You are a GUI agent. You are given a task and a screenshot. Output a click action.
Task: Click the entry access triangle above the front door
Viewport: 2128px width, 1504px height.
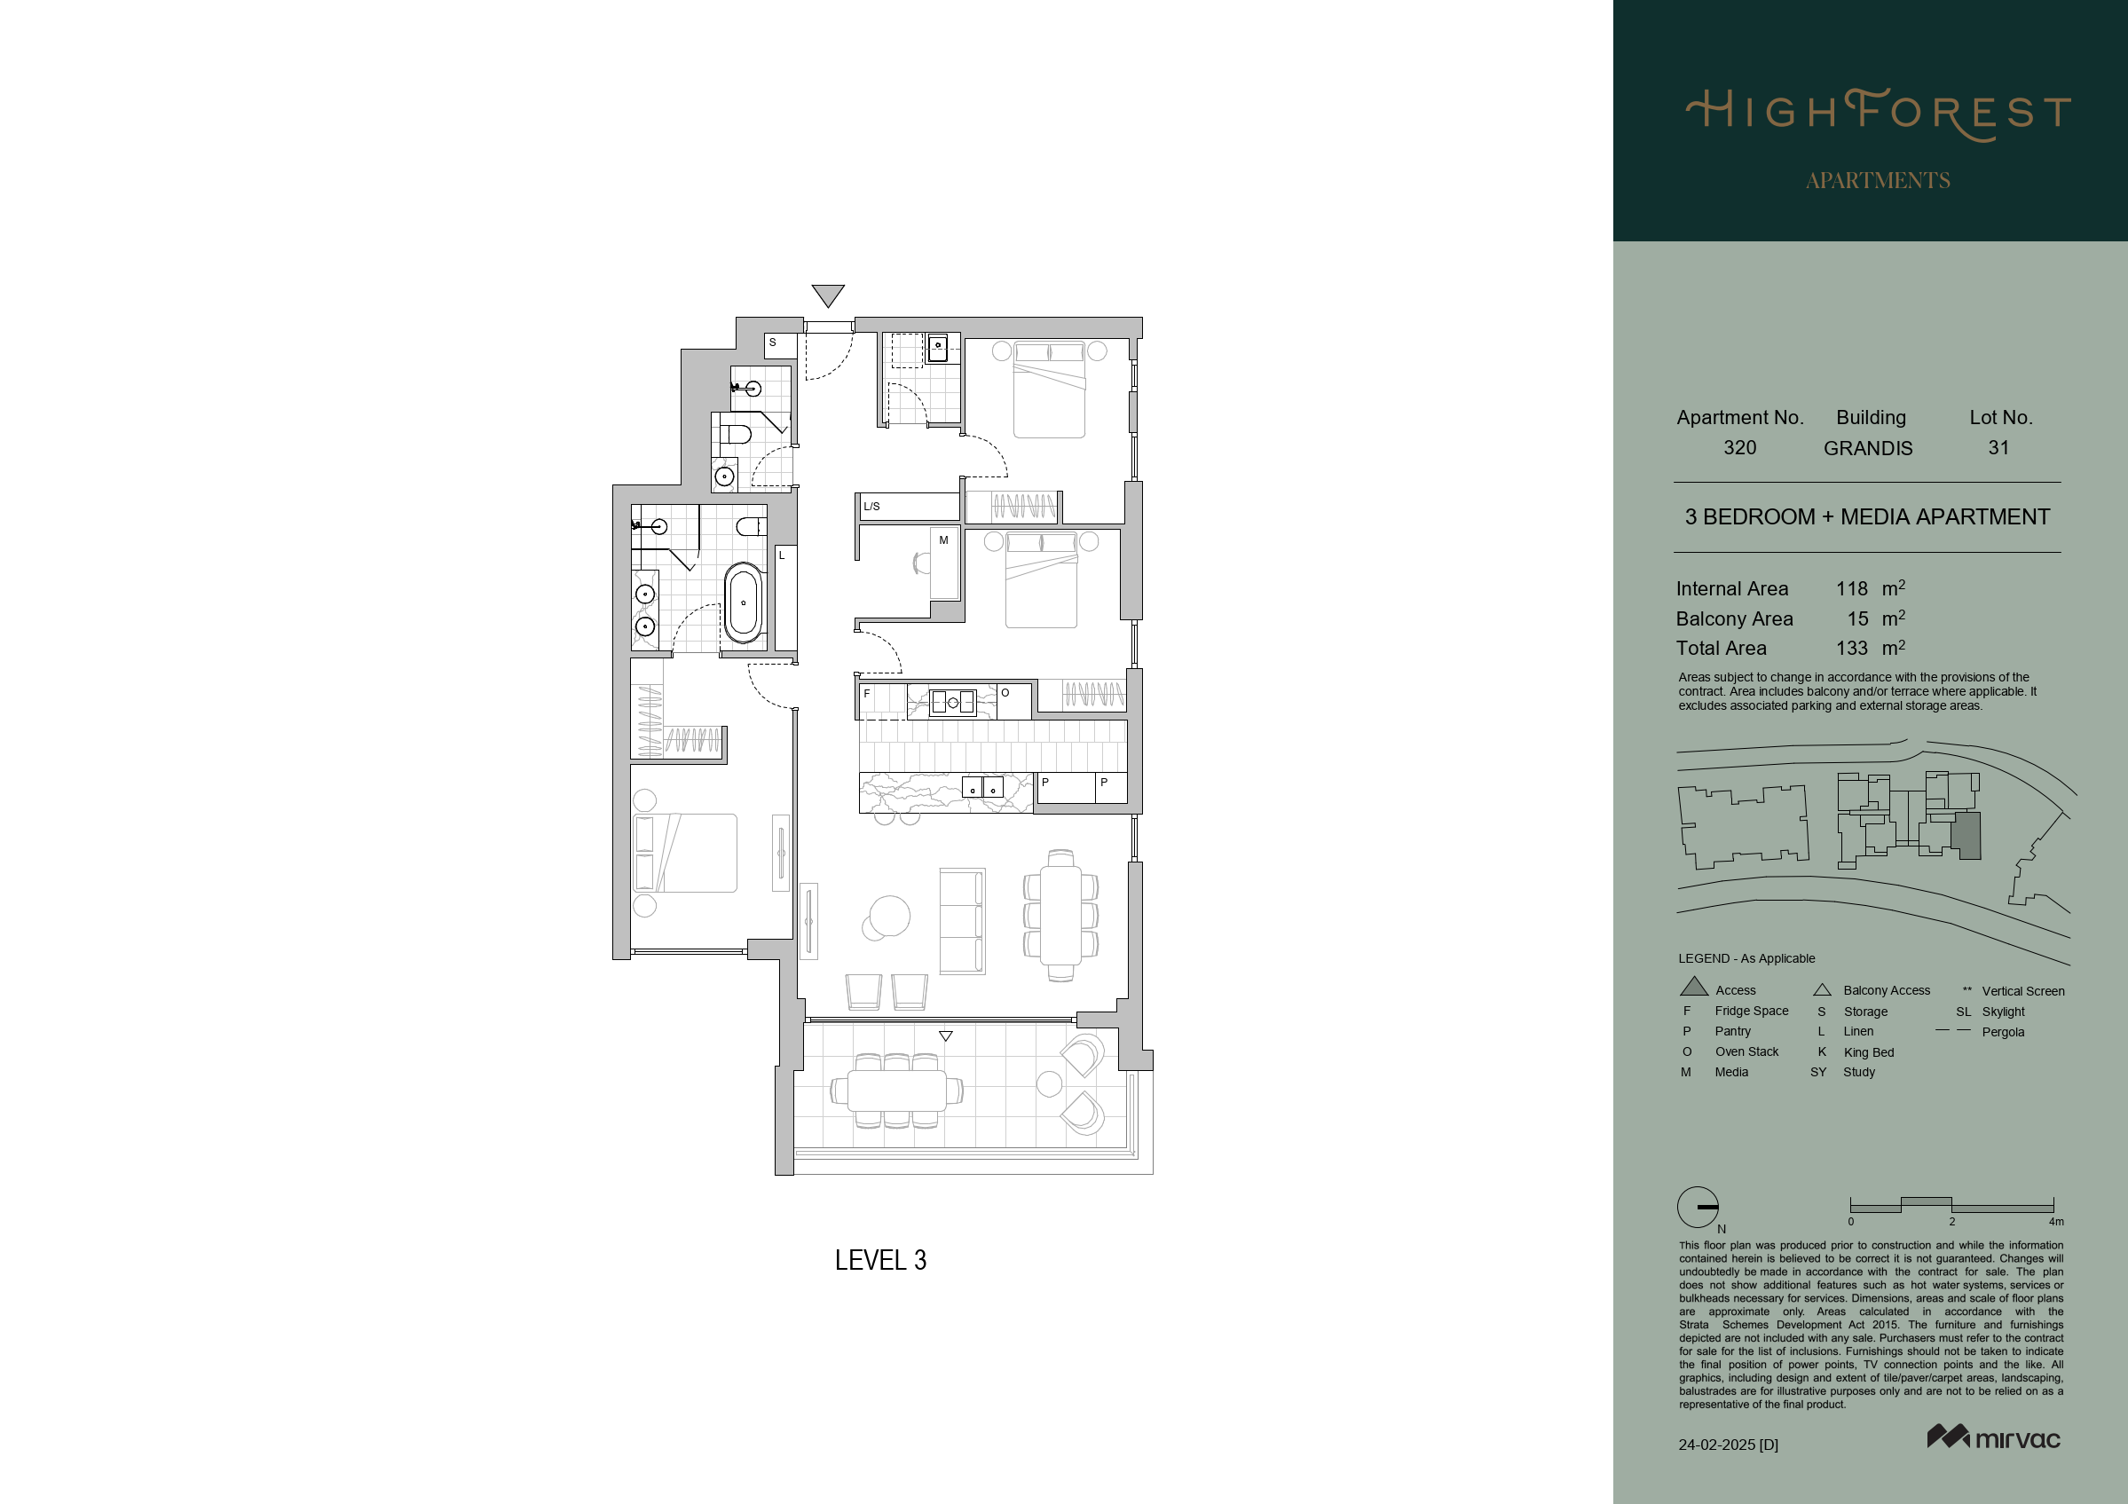pyautogui.click(x=828, y=294)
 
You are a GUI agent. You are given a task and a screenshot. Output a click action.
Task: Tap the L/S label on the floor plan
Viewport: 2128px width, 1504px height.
pyautogui.click(x=871, y=507)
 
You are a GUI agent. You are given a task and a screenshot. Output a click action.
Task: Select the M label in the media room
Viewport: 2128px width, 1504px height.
pyautogui.click(x=943, y=540)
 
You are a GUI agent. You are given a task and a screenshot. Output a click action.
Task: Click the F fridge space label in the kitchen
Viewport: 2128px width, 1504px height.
pyautogui.click(x=867, y=693)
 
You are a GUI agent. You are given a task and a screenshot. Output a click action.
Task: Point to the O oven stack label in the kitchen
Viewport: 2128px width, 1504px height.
pyautogui.click(x=1005, y=693)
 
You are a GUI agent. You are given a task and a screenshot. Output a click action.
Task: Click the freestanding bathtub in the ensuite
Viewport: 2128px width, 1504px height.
pyautogui.click(x=744, y=602)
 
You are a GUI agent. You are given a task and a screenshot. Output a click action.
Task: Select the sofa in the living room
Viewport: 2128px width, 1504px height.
pyautogui.click(x=962, y=921)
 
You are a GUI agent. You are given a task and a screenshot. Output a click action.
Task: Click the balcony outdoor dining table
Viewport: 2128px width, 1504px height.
pyautogui.click(x=896, y=1091)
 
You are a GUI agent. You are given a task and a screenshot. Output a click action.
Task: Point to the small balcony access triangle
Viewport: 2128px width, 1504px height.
pyautogui.click(x=945, y=1036)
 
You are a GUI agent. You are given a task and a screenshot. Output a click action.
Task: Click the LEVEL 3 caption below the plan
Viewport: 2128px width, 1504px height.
pyautogui.click(x=880, y=1260)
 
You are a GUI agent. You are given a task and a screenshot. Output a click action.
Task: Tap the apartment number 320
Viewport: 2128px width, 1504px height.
pyautogui.click(x=1739, y=447)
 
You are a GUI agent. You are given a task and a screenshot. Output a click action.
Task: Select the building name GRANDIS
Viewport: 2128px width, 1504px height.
pyautogui.click(x=1868, y=448)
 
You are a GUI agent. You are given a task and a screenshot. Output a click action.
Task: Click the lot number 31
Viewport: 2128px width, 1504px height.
pyautogui.click(x=1998, y=447)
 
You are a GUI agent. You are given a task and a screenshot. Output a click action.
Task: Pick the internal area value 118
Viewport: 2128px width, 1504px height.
pyautogui.click(x=1852, y=588)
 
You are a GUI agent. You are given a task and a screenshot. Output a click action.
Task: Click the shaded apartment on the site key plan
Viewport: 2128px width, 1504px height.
pyautogui.click(x=1966, y=836)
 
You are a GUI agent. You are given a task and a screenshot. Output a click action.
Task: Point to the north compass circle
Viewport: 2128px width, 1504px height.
pyautogui.click(x=1698, y=1208)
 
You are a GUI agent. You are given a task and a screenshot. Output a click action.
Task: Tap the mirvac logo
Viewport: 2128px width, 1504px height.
pyautogui.click(x=1994, y=1437)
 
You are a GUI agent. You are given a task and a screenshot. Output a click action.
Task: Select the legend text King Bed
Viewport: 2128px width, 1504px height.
pyautogui.click(x=1869, y=1052)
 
